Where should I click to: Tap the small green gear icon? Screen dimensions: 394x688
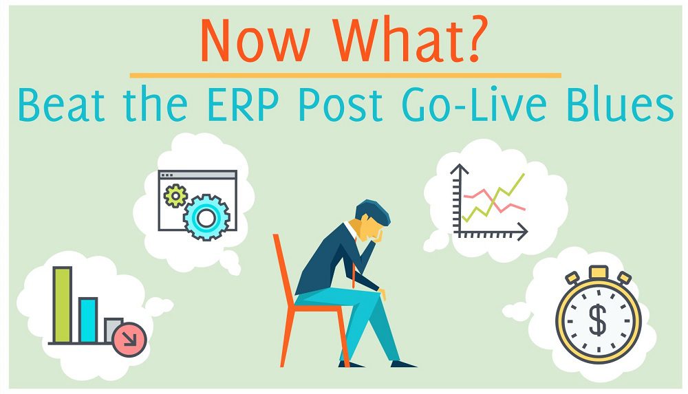175,196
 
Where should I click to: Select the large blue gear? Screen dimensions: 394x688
204,216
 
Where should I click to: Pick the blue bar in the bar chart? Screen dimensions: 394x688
87,320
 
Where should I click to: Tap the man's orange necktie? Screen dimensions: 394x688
355,272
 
